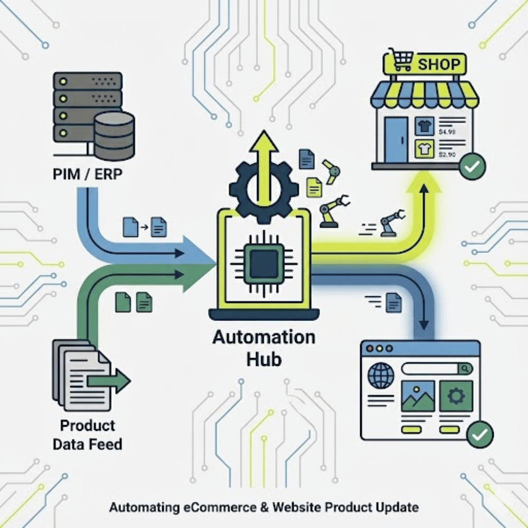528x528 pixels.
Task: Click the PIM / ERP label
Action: tap(88, 174)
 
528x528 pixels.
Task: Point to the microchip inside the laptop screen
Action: tap(262, 262)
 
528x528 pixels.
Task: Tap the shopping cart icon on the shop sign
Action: tap(400, 61)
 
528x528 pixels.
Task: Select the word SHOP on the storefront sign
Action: tap(439, 65)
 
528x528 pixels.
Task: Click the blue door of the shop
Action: tap(396, 139)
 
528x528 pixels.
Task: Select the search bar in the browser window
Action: tap(436, 369)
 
